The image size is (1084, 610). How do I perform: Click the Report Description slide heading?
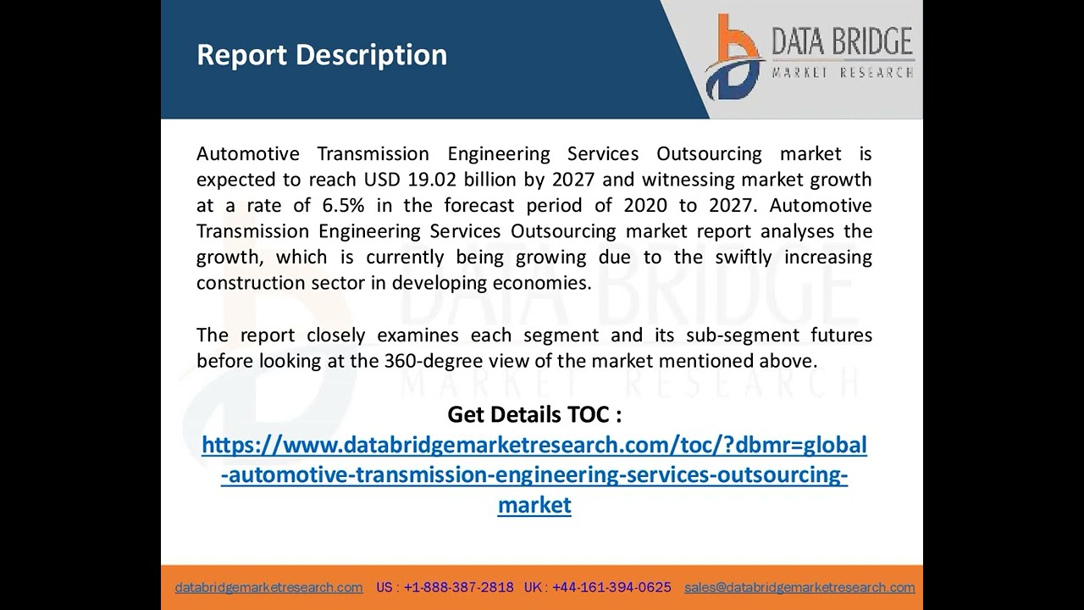click(322, 55)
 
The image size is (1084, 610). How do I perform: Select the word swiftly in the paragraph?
click(743, 257)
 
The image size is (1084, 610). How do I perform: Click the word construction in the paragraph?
click(251, 283)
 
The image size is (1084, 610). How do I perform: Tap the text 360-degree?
click(421, 361)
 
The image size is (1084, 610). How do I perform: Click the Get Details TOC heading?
click(534, 414)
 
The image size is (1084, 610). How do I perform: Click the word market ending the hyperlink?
click(534, 505)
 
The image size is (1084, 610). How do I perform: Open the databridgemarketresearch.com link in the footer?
click(268, 587)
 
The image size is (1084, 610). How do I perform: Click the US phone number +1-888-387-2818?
click(458, 587)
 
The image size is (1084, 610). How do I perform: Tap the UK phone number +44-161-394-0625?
click(611, 587)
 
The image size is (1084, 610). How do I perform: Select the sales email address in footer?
click(799, 587)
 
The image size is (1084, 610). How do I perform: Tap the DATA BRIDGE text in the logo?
click(841, 42)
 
